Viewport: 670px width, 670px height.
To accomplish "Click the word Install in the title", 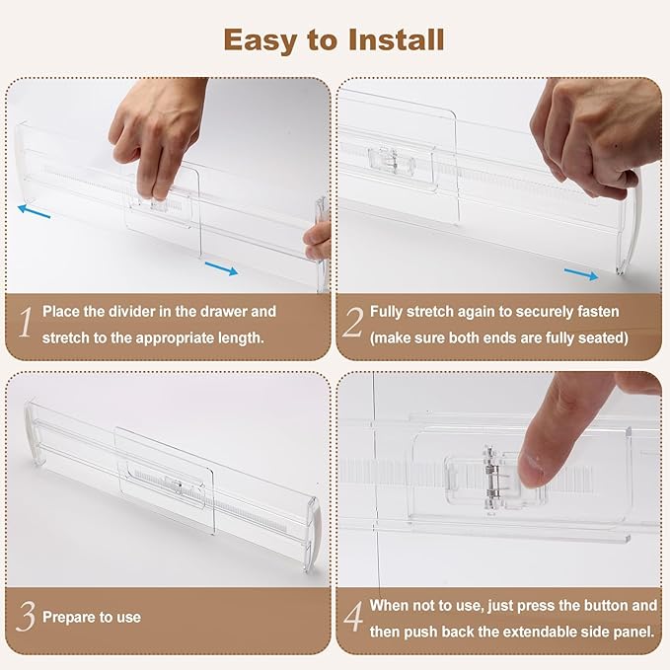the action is tap(396, 39).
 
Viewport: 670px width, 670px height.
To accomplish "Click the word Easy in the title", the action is tap(261, 41).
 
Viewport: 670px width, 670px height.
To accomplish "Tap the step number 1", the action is tap(26, 323).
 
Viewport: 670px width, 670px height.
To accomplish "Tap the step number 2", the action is tap(353, 323).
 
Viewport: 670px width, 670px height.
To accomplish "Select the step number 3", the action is tap(26, 616).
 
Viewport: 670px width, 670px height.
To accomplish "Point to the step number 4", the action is tap(354, 617).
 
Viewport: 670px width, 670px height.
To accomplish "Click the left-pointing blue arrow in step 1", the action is tap(35, 211).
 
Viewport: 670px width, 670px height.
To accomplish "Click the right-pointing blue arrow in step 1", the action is tap(221, 268).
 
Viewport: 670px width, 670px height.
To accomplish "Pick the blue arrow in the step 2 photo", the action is tap(581, 274).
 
